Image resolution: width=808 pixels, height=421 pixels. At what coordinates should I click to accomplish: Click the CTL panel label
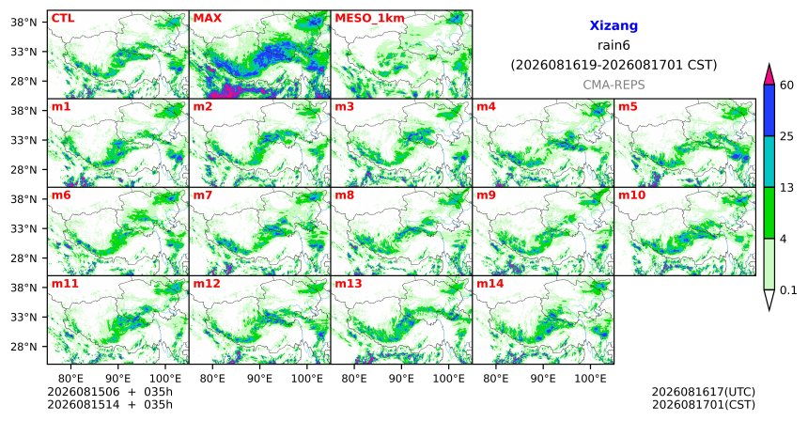[x=63, y=19]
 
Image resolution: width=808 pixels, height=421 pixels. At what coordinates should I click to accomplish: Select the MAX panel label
[x=207, y=19]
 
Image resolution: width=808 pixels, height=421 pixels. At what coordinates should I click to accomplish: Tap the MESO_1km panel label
[x=369, y=19]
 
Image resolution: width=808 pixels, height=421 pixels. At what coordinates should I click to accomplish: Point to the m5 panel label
[x=628, y=107]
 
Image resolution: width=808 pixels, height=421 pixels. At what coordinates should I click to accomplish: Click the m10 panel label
[x=631, y=195]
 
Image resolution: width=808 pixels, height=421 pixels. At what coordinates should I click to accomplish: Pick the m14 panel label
[x=489, y=284]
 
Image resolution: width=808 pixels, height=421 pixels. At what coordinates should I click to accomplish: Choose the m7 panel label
[x=203, y=195]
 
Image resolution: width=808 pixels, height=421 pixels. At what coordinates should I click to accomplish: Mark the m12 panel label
[x=206, y=284]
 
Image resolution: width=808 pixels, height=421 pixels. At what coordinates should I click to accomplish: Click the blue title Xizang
[x=614, y=26]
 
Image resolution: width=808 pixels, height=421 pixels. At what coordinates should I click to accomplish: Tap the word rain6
[x=614, y=45]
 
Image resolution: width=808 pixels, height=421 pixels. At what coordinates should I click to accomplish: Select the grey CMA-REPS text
[x=614, y=85]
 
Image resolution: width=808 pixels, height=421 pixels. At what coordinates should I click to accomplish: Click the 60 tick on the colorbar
[x=786, y=86]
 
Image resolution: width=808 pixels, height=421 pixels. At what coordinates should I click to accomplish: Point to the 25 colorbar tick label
[x=786, y=136]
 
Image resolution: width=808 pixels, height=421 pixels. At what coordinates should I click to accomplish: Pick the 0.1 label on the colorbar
[x=788, y=290]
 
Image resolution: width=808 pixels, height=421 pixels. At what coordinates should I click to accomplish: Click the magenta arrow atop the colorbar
[x=769, y=74]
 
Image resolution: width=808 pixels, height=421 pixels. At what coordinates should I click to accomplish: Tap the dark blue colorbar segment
[x=769, y=110]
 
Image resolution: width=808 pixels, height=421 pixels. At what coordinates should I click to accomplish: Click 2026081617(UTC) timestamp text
[x=704, y=393]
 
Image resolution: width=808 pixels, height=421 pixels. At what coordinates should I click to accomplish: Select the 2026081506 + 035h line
[x=110, y=392]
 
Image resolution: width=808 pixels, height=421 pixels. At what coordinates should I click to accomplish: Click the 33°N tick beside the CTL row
[x=23, y=52]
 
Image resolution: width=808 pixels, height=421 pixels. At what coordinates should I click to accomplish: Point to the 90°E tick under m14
[x=543, y=380]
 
